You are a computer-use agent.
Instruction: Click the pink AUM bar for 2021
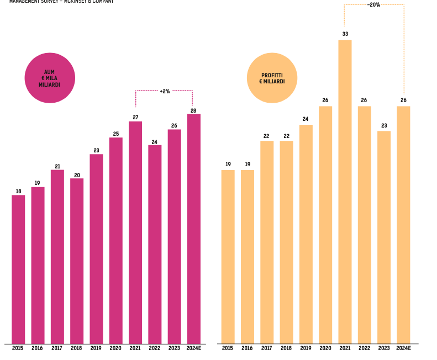click(135, 232)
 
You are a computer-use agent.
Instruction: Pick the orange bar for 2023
click(384, 237)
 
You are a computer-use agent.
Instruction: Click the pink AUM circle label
click(50, 78)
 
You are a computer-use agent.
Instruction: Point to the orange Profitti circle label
click(272, 78)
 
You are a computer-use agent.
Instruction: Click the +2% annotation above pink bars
click(165, 91)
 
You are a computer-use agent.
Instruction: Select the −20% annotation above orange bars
click(373, 4)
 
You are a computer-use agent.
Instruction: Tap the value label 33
click(345, 34)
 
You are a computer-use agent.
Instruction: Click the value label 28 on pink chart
click(193, 110)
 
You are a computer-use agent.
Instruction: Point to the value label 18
click(18, 192)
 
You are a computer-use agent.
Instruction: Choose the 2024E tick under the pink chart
click(194, 348)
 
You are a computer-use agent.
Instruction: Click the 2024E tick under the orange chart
click(404, 348)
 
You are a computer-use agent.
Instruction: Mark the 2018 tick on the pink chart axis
click(77, 348)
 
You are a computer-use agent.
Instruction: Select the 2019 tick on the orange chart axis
click(306, 348)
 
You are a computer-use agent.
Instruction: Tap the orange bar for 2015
click(228, 256)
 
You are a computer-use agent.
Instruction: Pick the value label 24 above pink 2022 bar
click(155, 142)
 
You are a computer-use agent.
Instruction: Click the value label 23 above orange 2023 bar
click(384, 126)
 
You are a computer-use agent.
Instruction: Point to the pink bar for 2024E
click(194, 229)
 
